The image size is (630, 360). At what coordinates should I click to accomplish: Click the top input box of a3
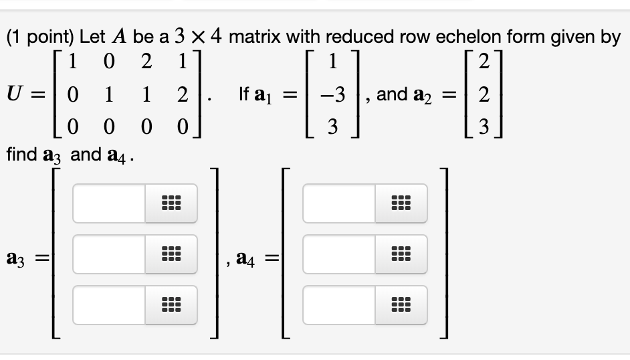click(x=108, y=203)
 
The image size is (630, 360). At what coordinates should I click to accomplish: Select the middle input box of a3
click(x=108, y=254)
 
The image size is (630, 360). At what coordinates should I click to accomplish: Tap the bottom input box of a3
click(x=108, y=304)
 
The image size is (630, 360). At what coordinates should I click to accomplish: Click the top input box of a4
click(x=338, y=203)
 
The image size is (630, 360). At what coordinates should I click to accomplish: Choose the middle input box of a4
click(x=338, y=254)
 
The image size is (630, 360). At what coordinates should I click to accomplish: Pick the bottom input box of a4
click(x=338, y=304)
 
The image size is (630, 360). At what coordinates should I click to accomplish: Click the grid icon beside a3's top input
click(x=171, y=203)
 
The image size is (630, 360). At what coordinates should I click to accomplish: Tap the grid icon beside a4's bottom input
click(x=401, y=304)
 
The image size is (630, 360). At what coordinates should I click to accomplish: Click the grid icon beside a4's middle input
click(x=401, y=254)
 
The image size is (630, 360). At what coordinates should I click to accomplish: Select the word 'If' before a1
click(x=244, y=95)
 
